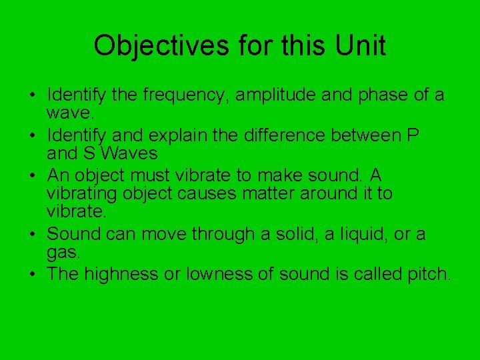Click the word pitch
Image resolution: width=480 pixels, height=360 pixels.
coord(427,274)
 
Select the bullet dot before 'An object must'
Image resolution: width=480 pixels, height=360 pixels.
coord(33,176)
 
